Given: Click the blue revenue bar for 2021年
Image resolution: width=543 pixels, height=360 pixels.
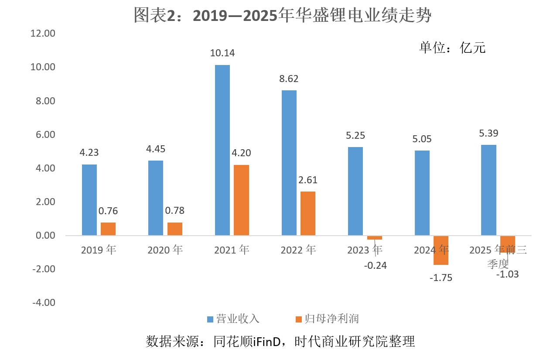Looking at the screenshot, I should click(222, 151).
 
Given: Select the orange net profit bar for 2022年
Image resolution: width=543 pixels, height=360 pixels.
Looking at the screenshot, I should click(307, 214).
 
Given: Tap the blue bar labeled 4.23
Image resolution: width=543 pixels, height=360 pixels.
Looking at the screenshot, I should click(89, 200).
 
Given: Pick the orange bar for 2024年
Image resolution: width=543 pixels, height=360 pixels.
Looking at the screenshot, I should click(441, 250).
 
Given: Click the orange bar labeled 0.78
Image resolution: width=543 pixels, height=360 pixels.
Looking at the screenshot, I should click(175, 229).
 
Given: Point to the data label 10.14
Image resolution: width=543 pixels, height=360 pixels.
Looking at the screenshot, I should click(222, 53).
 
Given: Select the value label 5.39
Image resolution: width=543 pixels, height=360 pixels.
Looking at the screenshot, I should click(488, 133).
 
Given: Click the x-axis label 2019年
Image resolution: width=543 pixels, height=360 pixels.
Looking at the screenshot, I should click(99, 250).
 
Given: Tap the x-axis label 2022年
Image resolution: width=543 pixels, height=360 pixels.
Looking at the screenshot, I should click(298, 250).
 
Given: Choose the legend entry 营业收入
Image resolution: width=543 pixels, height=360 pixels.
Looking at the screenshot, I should click(233, 319).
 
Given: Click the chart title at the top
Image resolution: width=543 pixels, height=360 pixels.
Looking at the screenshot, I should click(283, 16).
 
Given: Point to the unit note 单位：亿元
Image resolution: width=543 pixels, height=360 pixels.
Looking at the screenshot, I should click(452, 47).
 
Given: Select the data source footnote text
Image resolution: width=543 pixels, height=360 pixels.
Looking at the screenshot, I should click(280, 341).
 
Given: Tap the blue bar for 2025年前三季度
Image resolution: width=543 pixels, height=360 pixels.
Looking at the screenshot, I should click(488, 190).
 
